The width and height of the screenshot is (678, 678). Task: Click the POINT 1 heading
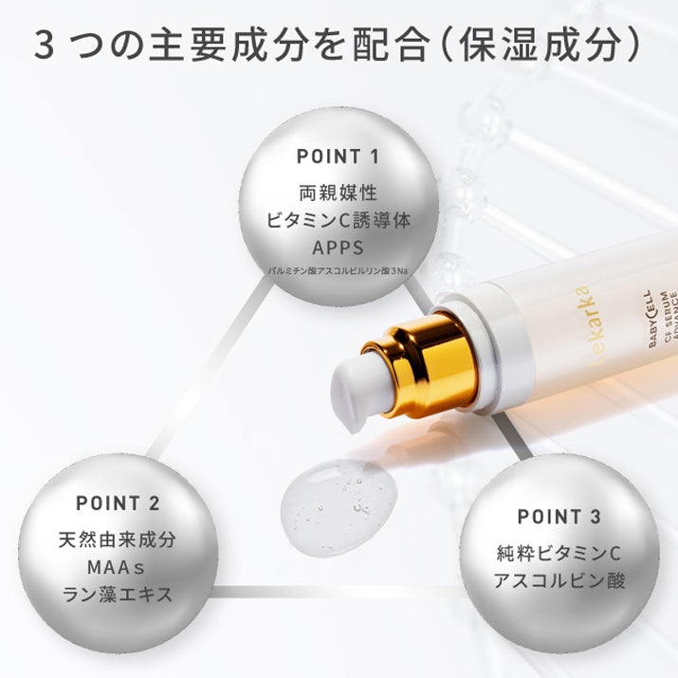pyautogui.click(x=338, y=156)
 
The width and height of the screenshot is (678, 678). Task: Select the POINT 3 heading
pyautogui.click(x=559, y=517)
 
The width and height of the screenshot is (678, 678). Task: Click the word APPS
pyautogui.click(x=339, y=249)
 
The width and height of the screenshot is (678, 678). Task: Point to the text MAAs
pyautogui.click(x=117, y=568)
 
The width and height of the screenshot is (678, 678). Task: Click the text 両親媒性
pyautogui.click(x=339, y=192)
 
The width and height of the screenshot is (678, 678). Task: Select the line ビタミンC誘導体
pyautogui.click(x=339, y=221)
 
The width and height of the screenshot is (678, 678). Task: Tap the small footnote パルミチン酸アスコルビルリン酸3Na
pyautogui.click(x=339, y=273)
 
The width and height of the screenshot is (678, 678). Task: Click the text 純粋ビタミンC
pyautogui.click(x=559, y=553)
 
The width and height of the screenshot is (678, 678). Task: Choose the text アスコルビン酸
pyautogui.click(x=559, y=581)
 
